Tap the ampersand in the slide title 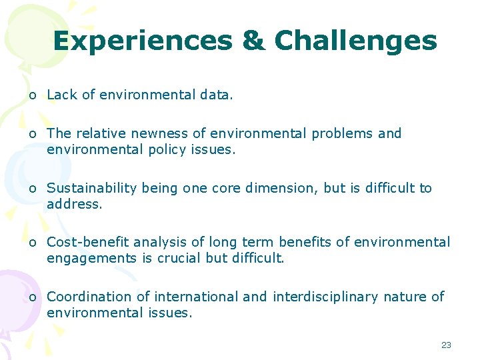coord(253,41)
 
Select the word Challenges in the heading coord(355,41)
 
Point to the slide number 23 coord(446,345)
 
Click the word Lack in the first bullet coord(62,95)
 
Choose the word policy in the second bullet coord(166,149)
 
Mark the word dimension coord(281,188)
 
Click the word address coord(74,204)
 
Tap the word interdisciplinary coord(326,297)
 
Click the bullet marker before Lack coord(33,96)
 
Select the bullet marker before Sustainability coord(33,189)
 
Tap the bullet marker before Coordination coord(33,297)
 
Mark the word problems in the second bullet coord(340,133)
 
